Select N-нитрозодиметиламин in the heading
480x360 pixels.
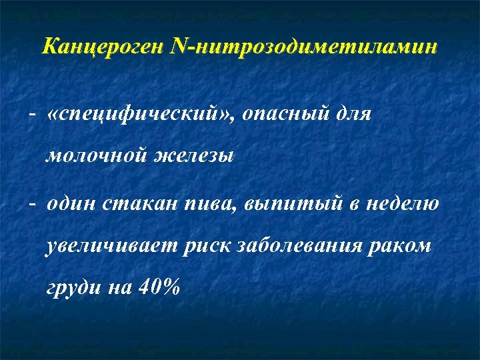pyautogui.click(x=304, y=47)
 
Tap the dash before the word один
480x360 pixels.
pyautogui.click(x=31, y=203)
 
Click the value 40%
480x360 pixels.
pyautogui.click(x=160, y=287)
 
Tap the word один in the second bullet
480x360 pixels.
pyautogui.click(x=73, y=203)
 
